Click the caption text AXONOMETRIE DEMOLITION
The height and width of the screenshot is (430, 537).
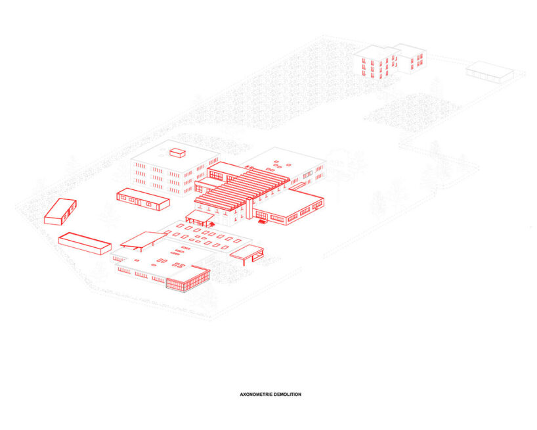click(270, 394)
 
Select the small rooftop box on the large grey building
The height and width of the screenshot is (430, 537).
click(177, 153)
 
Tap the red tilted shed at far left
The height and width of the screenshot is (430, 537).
click(60, 211)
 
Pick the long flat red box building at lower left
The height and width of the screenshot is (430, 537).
click(85, 243)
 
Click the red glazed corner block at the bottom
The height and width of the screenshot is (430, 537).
click(188, 280)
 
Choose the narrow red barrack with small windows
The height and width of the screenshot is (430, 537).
click(142, 200)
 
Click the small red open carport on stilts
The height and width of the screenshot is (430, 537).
click(247, 252)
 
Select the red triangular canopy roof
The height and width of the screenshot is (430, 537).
click(143, 239)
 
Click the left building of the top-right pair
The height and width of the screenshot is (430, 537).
click(375, 62)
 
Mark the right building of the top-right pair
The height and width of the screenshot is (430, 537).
click(410, 58)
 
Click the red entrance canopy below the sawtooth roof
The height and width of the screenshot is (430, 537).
click(199, 217)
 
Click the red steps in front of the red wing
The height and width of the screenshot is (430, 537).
click(263, 221)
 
